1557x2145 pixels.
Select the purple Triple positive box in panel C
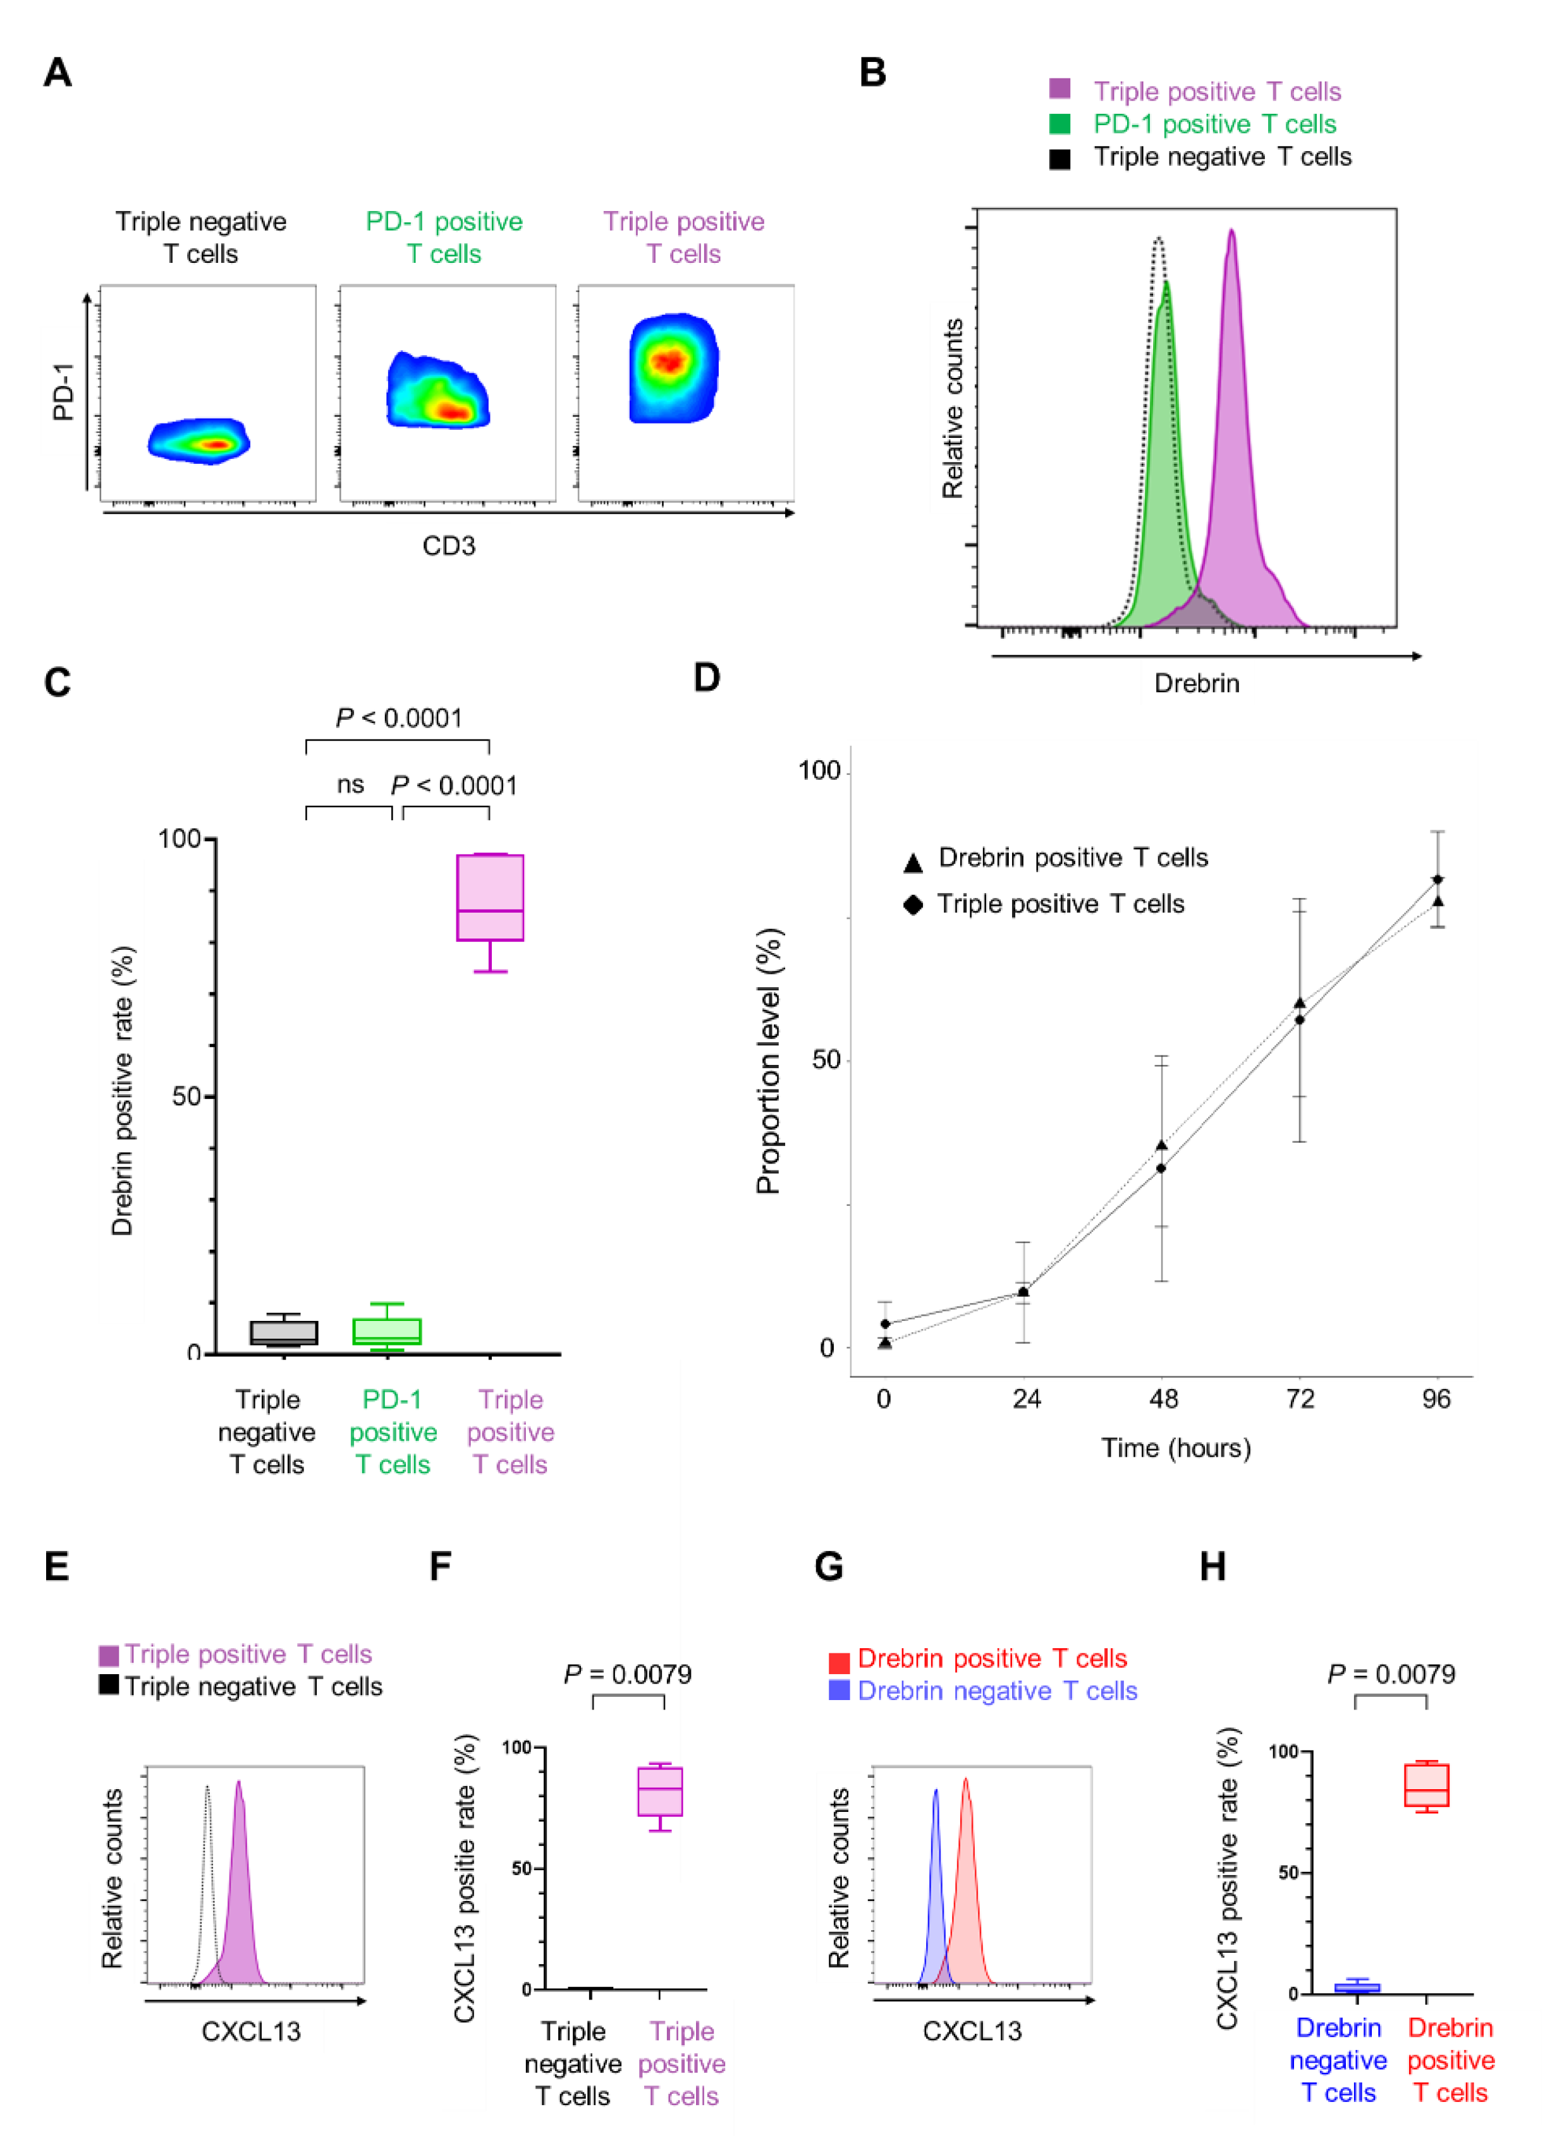point(490,897)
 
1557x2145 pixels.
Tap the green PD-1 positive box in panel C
point(387,1331)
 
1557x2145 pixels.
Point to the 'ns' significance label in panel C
point(350,784)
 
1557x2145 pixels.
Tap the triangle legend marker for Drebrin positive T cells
point(913,863)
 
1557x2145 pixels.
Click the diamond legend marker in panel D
point(913,905)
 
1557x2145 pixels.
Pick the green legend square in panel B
point(1059,124)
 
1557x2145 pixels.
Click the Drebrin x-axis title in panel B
point(1197,683)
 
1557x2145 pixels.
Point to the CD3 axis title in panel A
point(448,545)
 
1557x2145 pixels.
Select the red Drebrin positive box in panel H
point(1426,1785)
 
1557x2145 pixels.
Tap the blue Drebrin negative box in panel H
point(1357,1987)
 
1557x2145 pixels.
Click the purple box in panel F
point(659,1791)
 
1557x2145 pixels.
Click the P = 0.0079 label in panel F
point(627,1675)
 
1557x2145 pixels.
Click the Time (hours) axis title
point(1176,1448)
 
